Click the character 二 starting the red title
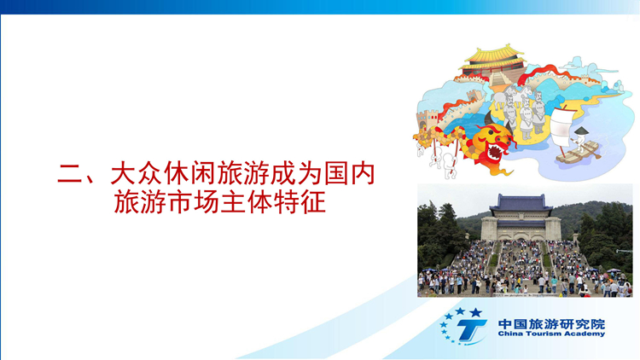click(x=70, y=174)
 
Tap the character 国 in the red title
click(x=337, y=174)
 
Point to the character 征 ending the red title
click(x=313, y=202)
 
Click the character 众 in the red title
click(x=150, y=174)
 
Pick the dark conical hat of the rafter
click(x=581, y=131)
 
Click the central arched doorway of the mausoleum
click(x=520, y=236)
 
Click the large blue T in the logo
click(x=470, y=329)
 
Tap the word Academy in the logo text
click(x=584, y=334)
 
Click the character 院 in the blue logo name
click(x=597, y=324)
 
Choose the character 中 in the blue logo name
click(x=505, y=324)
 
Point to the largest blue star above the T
click(x=475, y=313)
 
